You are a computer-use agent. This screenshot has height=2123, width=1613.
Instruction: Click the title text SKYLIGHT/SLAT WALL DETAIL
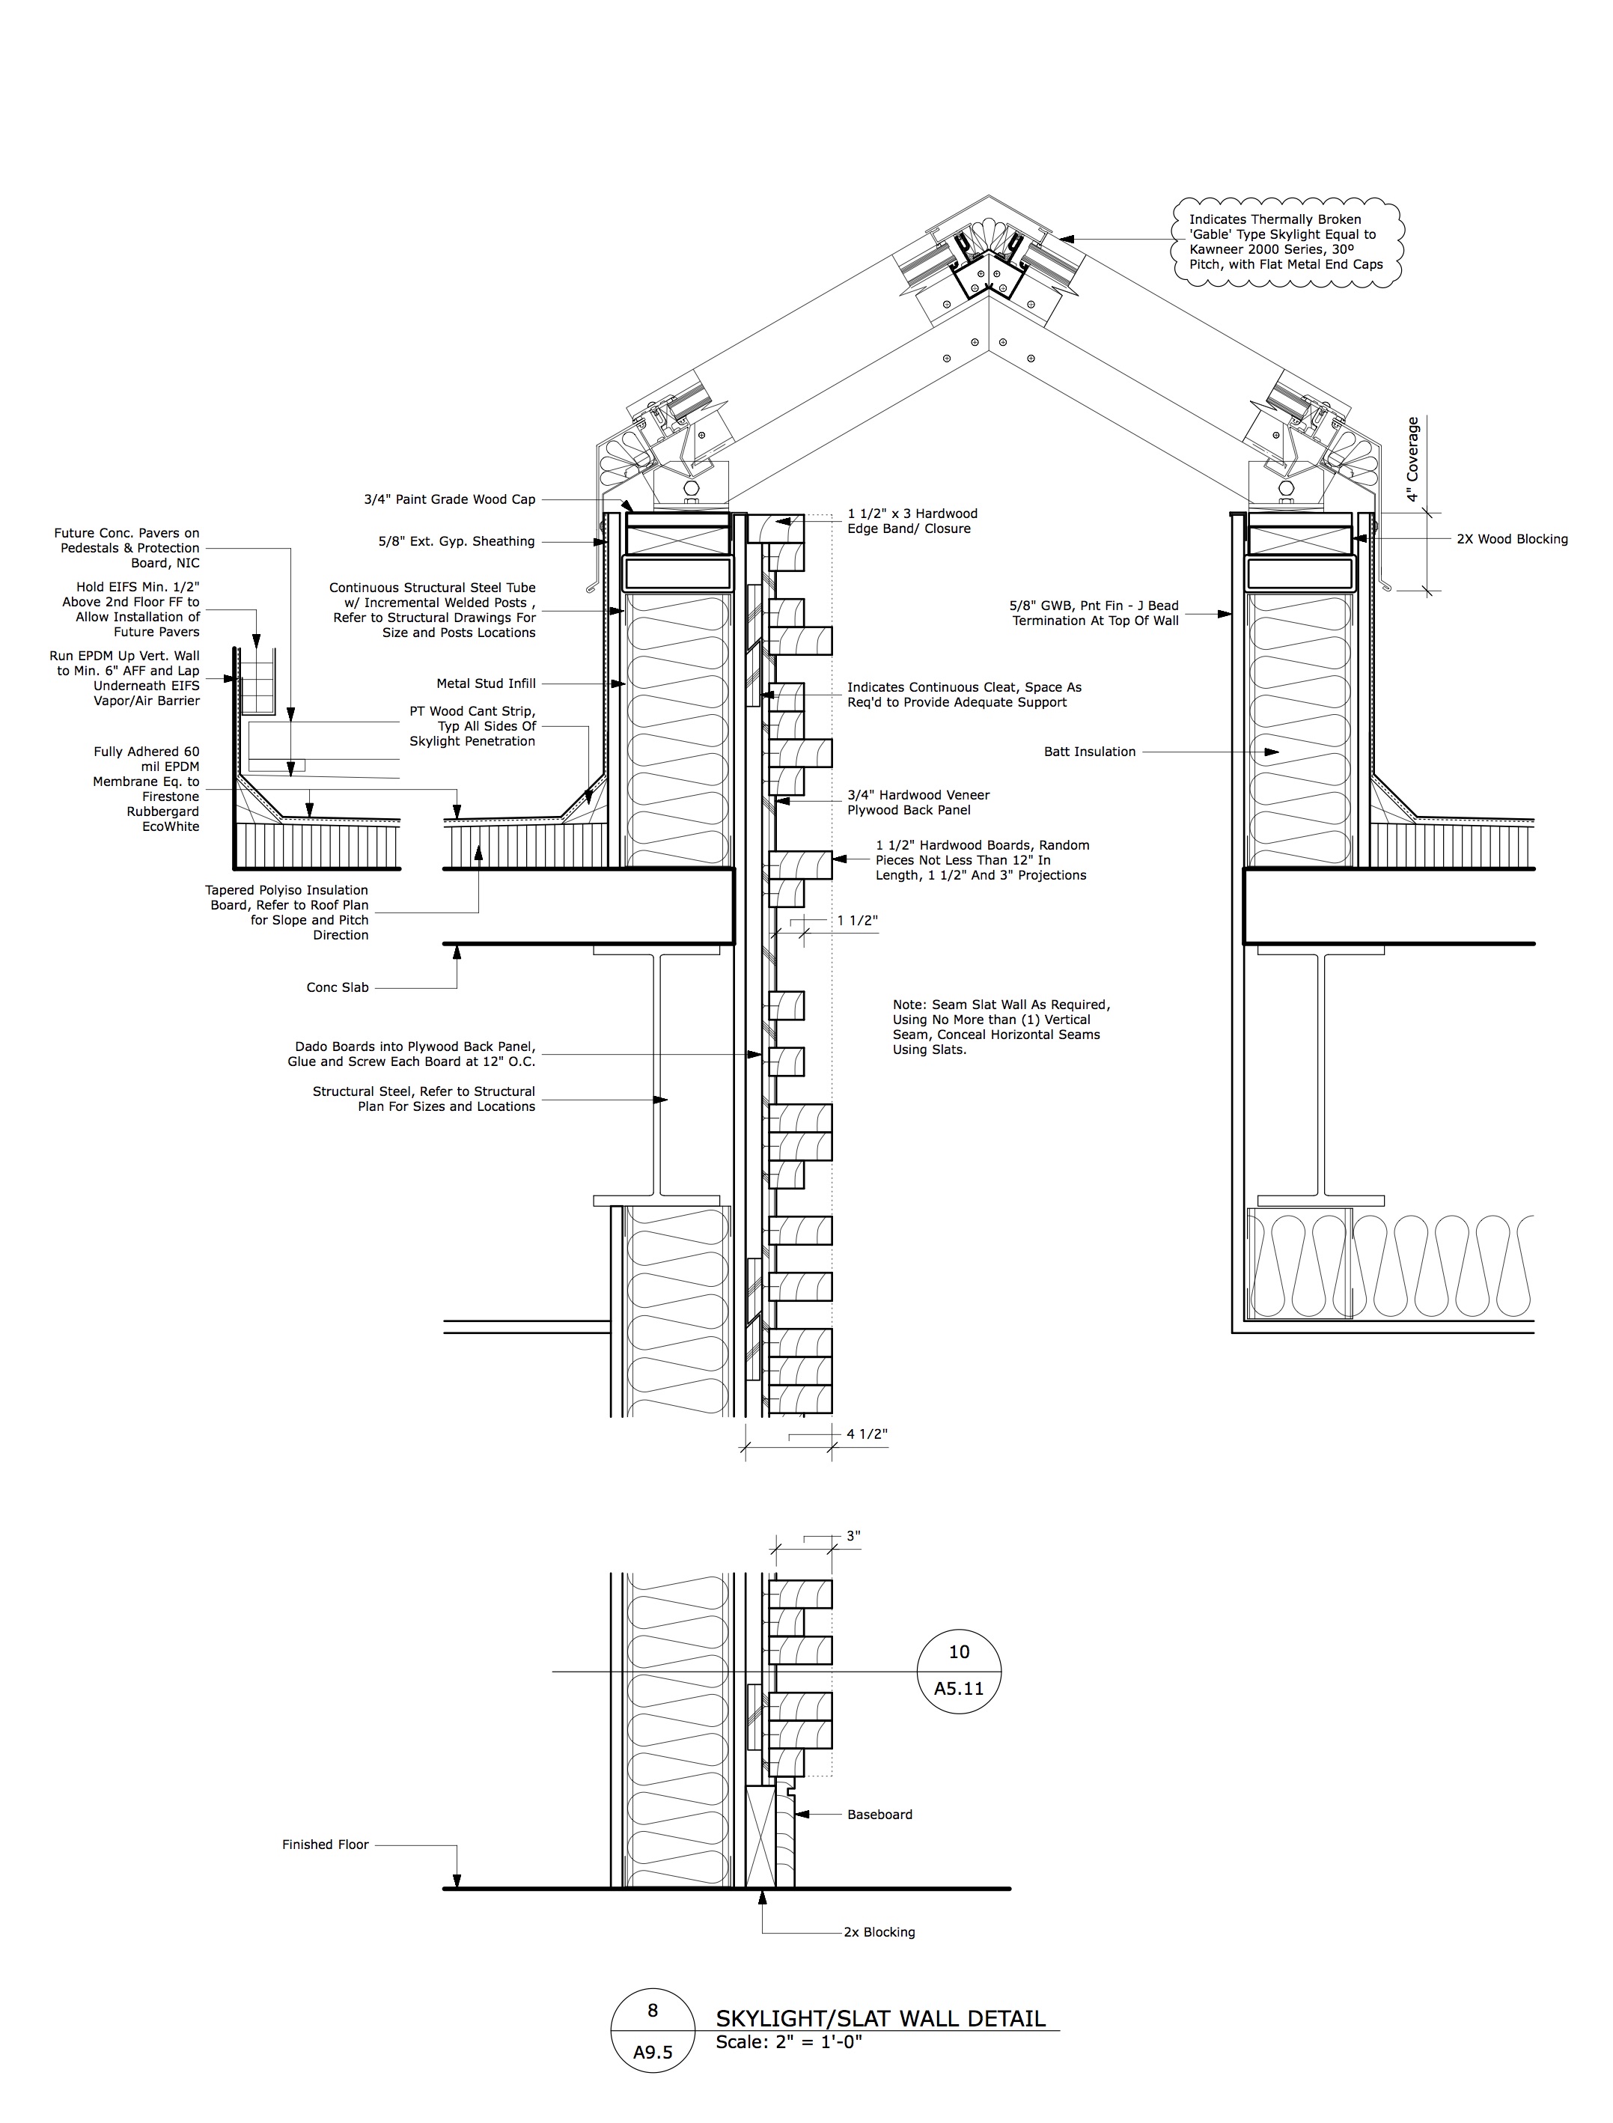click(880, 2018)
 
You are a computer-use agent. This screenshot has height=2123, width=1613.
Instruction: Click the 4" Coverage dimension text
click(1412, 459)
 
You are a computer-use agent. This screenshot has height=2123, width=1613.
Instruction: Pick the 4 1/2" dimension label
click(866, 1434)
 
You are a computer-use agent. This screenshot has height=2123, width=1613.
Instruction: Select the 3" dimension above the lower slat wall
click(853, 1536)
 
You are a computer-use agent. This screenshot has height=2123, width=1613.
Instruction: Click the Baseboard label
click(879, 1815)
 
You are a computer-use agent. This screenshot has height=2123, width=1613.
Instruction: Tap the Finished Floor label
click(326, 1845)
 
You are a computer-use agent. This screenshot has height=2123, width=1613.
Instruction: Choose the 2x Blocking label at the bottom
click(879, 1932)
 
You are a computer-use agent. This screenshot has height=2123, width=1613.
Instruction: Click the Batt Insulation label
click(1090, 752)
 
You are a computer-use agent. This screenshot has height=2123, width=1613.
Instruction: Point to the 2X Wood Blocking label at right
click(1512, 540)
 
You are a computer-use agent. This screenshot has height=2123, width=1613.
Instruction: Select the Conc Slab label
click(337, 987)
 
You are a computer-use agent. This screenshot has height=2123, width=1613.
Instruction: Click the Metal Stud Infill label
click(486, 683)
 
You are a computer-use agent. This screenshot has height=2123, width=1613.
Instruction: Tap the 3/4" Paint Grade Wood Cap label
click(449, 499)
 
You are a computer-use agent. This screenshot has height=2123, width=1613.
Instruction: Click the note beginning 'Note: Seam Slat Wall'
click(1001, 1027)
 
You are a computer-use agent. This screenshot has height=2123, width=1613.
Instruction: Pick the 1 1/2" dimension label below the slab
click(857, 921)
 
